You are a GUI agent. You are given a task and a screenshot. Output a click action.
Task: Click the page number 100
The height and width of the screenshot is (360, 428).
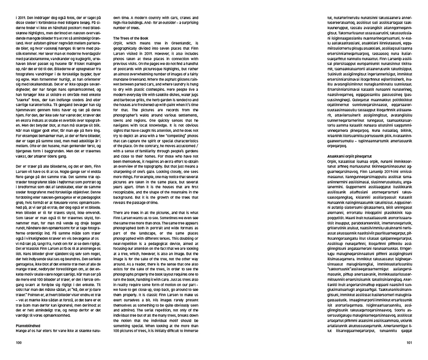[19, 343]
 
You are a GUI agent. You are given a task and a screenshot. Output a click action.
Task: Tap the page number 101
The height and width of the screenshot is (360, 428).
[409, 343]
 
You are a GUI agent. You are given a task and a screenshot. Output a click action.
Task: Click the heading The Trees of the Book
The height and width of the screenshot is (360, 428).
[130, 39]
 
